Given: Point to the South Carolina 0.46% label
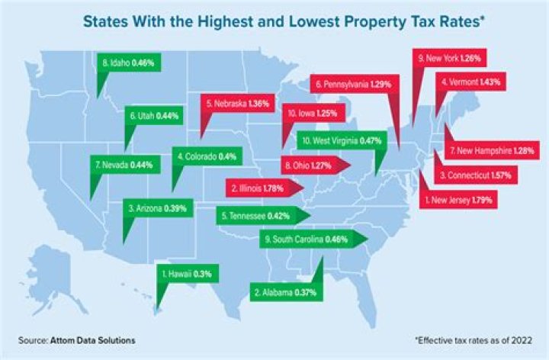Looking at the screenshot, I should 307,239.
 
